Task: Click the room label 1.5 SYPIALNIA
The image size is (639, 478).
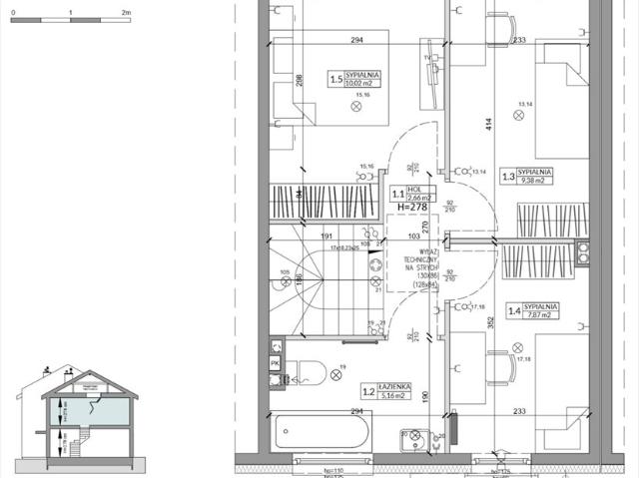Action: [355, 79]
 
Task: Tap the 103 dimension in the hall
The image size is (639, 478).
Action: [413, 237]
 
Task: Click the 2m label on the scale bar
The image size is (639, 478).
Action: [126, 13]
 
